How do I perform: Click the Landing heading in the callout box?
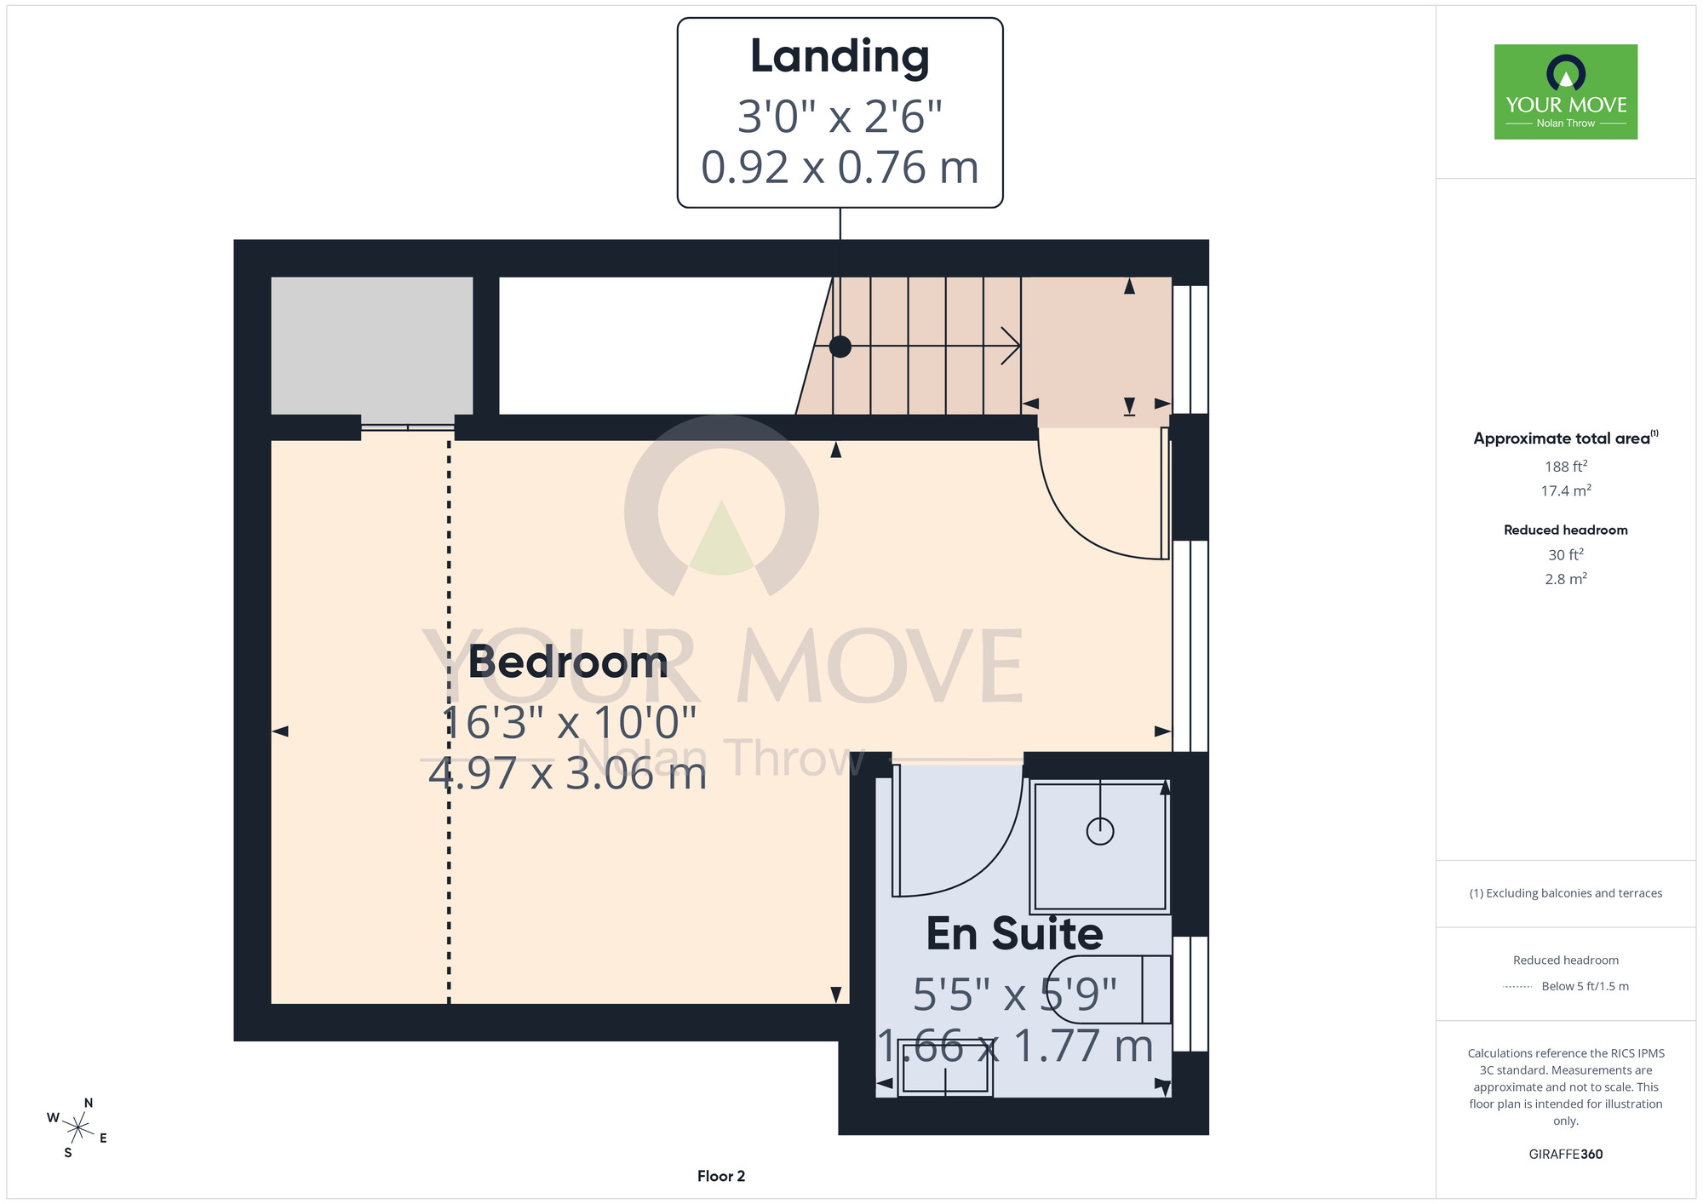pos(840,57)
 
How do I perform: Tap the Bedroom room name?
pos(568,662)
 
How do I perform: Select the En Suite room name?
pos(1014,933)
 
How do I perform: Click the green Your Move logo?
pos(1566,92)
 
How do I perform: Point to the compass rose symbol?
pos(77,1129)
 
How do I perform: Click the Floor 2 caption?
pos(721,1176)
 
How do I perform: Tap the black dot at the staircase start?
pos(840,347)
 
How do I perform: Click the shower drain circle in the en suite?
pos(1100,831)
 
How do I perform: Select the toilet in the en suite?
pos(1107,989)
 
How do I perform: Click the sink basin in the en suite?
pos(945,1076)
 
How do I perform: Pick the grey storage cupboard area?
pos(372,346)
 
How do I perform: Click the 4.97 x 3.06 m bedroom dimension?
pos(568,774)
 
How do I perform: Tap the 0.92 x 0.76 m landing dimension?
pos(840,167)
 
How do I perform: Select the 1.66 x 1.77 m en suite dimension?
pos(1015,1046)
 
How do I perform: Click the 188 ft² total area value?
pos(1566,467)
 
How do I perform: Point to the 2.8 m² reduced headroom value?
pos(1566,579)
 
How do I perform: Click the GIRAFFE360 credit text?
pos(1566,1155)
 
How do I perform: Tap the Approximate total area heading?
pos(1566,438)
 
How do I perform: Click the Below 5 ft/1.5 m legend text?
pos(1585,986)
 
